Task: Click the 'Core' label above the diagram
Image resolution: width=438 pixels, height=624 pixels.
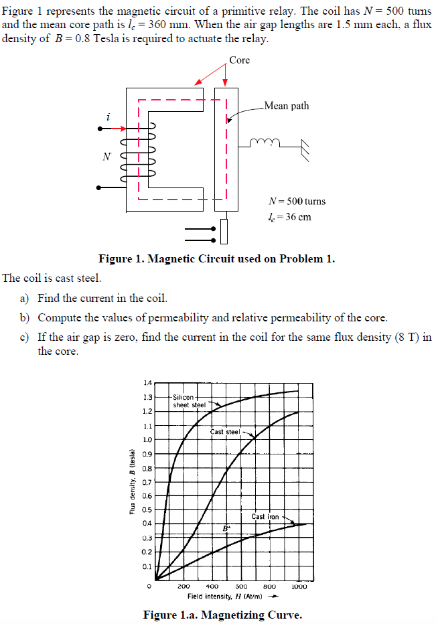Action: (239, 60)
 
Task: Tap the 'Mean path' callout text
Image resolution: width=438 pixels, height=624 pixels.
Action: (287, 106)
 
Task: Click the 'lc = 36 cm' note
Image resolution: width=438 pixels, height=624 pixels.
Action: (289, 216)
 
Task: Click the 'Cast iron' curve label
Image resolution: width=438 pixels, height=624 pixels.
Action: (265, 516)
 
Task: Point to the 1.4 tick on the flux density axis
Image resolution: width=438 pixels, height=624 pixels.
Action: (147, 383)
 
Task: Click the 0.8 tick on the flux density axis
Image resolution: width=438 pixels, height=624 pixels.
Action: (147, 468)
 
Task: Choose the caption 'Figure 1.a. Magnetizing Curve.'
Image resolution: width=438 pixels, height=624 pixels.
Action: (222, 615)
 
